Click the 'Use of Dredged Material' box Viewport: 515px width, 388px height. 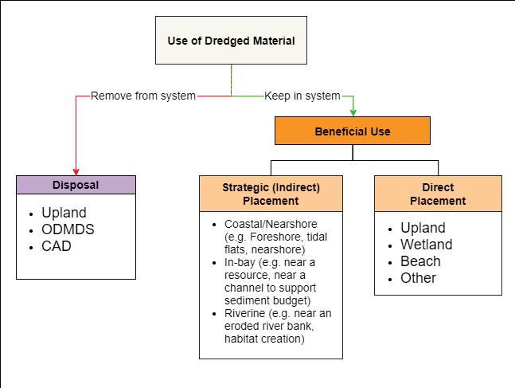231,40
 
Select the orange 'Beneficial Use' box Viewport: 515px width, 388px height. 353,131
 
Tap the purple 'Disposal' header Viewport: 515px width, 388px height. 76,185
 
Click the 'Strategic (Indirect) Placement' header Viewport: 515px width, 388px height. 271,194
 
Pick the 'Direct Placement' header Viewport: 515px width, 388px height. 438,194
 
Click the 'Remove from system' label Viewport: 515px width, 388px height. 143,96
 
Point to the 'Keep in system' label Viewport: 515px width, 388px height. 302,96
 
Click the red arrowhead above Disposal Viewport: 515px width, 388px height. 76,172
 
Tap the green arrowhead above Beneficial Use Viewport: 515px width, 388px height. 353,113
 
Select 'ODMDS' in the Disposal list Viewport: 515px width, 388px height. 68,229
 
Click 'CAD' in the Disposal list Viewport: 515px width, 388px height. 57,246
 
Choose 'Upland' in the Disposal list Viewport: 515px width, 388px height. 64,213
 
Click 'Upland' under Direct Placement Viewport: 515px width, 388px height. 423,228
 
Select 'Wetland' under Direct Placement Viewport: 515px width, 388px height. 427,245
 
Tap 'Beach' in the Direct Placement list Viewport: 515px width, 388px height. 420,261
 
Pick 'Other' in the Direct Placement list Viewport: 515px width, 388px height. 418,278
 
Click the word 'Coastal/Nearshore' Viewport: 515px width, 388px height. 271,224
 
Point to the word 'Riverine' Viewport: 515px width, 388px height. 244,313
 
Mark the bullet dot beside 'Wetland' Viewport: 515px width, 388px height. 390,246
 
